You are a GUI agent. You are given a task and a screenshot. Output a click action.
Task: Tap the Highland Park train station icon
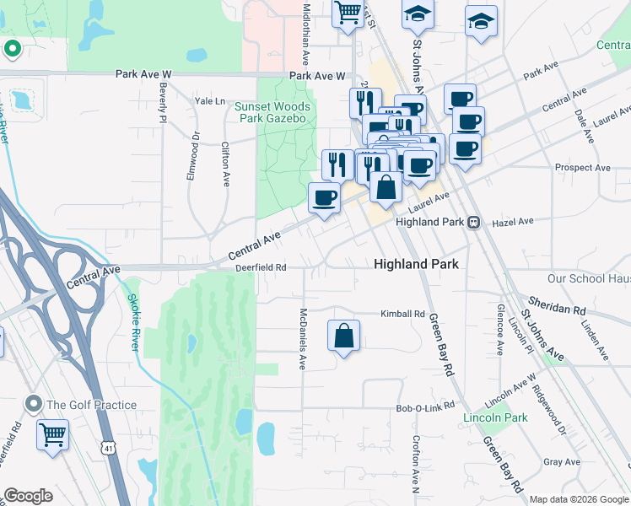point(474,222)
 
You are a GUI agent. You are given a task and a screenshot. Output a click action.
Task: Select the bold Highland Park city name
point(417,264)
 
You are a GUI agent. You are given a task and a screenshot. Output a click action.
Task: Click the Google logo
point(29,495)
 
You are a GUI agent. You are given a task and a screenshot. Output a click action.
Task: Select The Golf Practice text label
point(91,405)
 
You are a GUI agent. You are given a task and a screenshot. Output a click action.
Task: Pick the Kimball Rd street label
point(402,314)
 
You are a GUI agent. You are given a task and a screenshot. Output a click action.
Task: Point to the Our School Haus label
point(588,278)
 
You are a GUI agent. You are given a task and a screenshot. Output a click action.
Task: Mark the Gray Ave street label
point(562,462)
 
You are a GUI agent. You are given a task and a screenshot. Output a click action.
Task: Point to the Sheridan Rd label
point(556,304)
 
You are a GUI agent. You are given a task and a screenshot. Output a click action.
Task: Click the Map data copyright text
point(577,498)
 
